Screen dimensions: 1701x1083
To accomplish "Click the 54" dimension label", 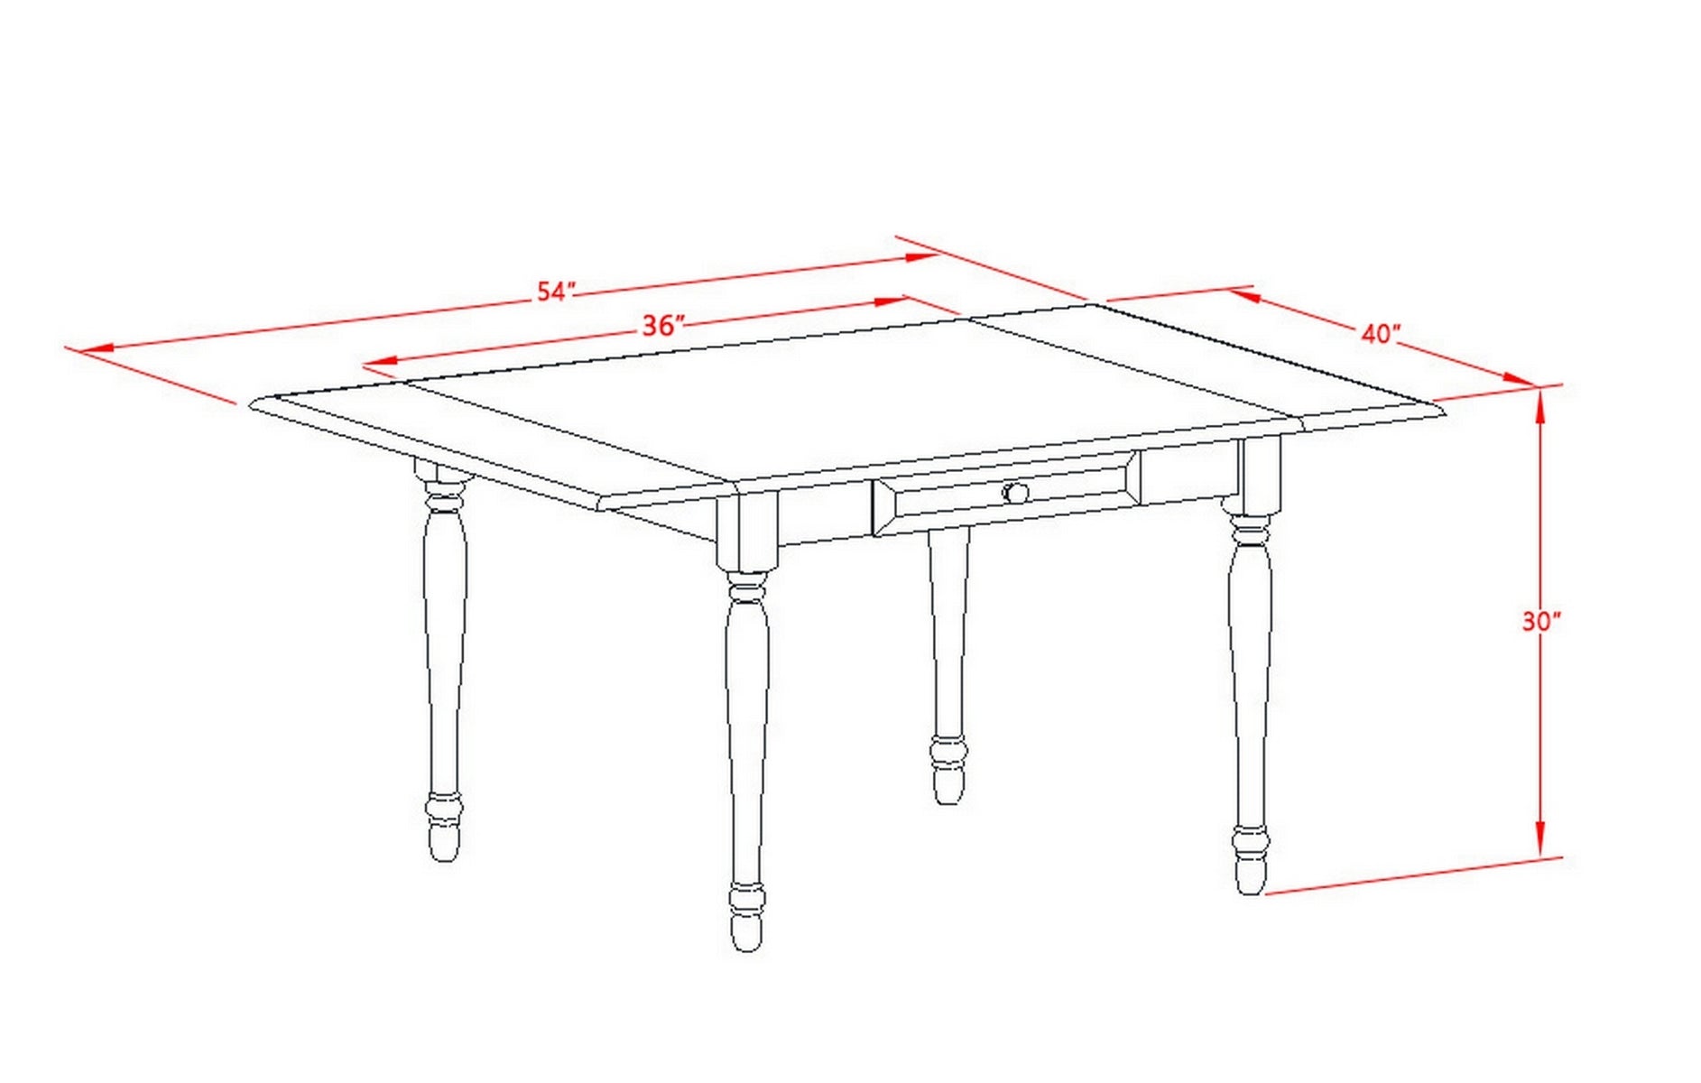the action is tap(556, 291).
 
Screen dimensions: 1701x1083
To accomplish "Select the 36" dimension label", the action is tap(663, 325).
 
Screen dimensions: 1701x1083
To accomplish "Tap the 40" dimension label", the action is tap(1380, 333).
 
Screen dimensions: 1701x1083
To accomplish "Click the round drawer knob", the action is tap(1015, 493).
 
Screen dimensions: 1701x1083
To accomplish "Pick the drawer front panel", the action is tap(1006, 493).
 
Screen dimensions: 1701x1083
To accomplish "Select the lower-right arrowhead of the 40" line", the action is tap(1521, 379).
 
